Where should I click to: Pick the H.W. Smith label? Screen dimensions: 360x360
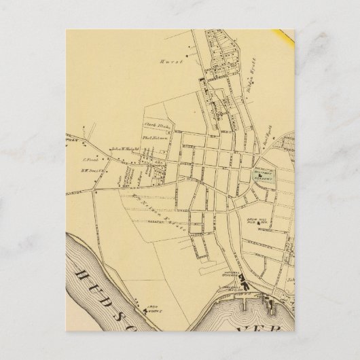point(91,173)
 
